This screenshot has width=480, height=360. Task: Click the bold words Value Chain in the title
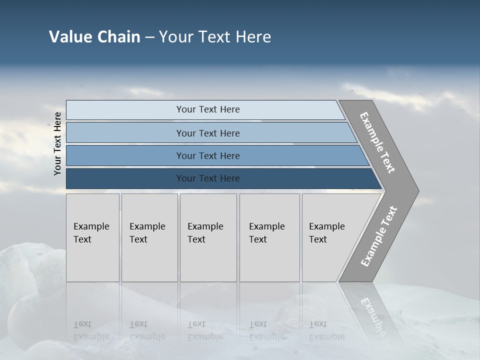click(x=94, y=36)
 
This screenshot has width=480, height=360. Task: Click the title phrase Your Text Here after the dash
click(x=215, y=36)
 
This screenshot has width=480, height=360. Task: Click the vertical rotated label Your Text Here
click(x=57, y=143)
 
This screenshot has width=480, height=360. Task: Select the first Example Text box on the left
click(x=92, y=237)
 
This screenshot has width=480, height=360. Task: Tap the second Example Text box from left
click(x=149, y=237)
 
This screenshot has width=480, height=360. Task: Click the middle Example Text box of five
click(x=208, y=237)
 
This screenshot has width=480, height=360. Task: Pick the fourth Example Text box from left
click(x=269, y=237)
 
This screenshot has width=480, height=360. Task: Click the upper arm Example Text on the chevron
click(x=377, y=142)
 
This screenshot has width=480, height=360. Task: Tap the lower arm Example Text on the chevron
click(x=379, y=236)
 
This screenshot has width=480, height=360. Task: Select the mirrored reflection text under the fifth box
click(x=326, y=330)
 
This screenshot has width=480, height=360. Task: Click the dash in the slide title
click(x=149, y=37)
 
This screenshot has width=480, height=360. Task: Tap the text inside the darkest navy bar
click(x=208, y=178)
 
